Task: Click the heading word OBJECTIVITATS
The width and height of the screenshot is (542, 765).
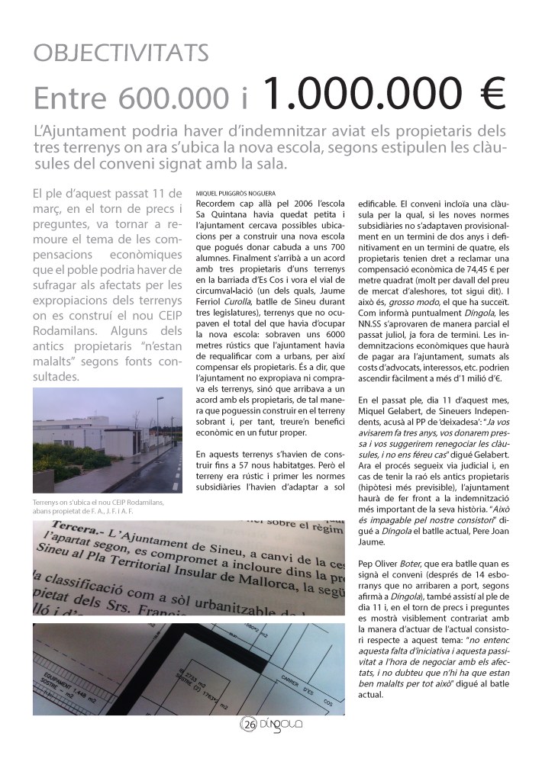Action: click(121, 53)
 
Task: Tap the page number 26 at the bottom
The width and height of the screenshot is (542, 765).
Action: click(250, 725)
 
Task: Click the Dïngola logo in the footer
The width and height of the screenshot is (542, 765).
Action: click(282, 725)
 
